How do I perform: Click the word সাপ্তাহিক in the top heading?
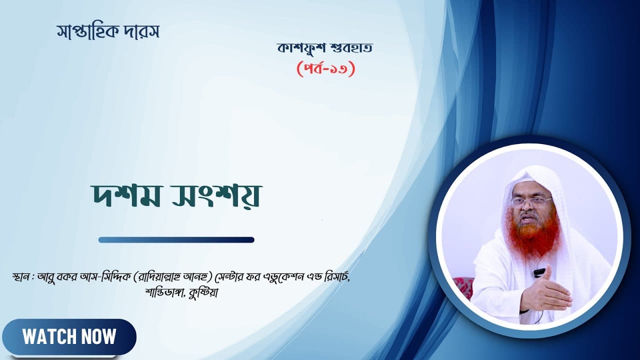[x=87, y=32]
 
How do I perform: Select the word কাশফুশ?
[x=301, y=48]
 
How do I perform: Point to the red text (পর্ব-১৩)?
[x=326, y=69]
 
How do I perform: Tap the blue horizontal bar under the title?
[x=176, y=240]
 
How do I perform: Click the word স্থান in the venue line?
[x=21, y=277]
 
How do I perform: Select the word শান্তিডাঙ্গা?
[x=164, y=293]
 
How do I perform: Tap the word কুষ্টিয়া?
[x=203, y=293]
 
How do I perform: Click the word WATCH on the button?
[x=46, y=336]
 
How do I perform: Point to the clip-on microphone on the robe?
[x=539, y=273]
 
